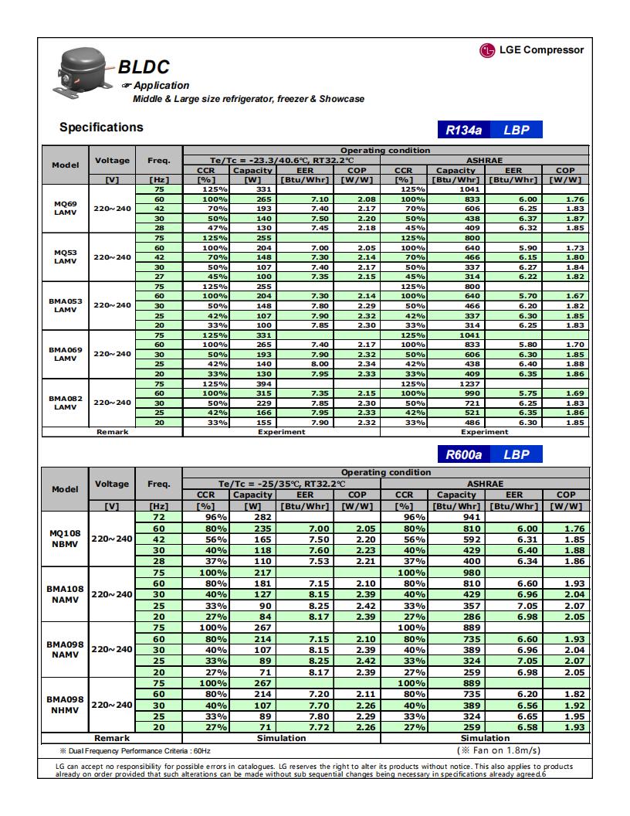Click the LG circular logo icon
[487, 51]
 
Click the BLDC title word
[144, 68]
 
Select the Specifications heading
[101, 127]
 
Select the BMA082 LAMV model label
[65, 403]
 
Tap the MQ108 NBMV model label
[65, 538]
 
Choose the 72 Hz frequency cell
[158, 516]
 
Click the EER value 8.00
[305, 363]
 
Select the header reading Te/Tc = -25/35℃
[281, 483]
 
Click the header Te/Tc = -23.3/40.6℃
[281, 160]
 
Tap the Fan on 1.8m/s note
[500, 750]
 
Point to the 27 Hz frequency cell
[158, 277]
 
